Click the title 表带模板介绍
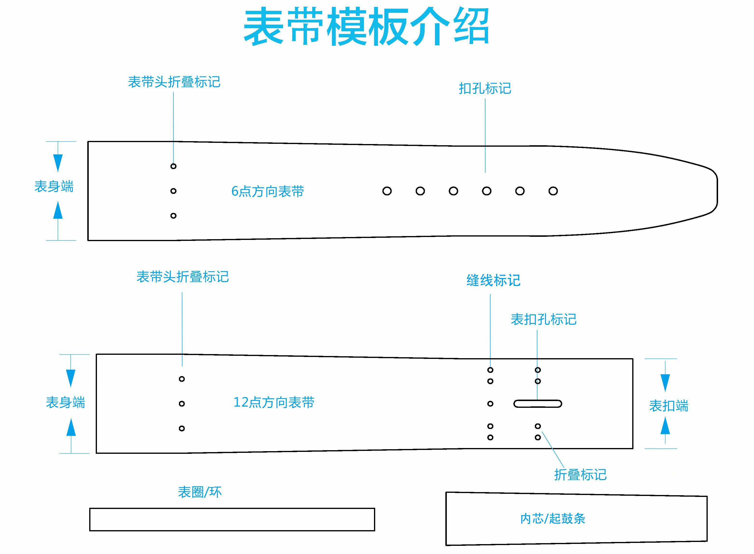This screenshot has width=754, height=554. pos(366,27)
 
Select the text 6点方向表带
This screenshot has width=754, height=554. pos(268,191)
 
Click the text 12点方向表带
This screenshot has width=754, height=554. pos(274,402)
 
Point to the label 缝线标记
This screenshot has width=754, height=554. pos(493,280)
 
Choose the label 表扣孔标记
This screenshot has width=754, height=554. pos(543,319)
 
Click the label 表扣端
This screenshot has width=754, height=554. pos(668,406)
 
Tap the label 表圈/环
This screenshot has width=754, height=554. pos(200,492)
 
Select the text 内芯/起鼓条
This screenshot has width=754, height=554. pos(553,518)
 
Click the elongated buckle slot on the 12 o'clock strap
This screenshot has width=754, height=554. pos(537,403)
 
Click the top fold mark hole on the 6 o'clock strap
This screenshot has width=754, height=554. pos(173,166)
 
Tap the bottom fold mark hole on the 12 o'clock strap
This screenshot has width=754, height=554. pos(182,428)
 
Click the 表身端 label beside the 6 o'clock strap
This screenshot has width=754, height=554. pos(54,186)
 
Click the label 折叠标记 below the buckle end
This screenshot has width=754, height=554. pos(580,475)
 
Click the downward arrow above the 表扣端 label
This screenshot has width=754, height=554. pos(665,382)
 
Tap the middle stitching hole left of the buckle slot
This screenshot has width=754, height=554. pos(490,403)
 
